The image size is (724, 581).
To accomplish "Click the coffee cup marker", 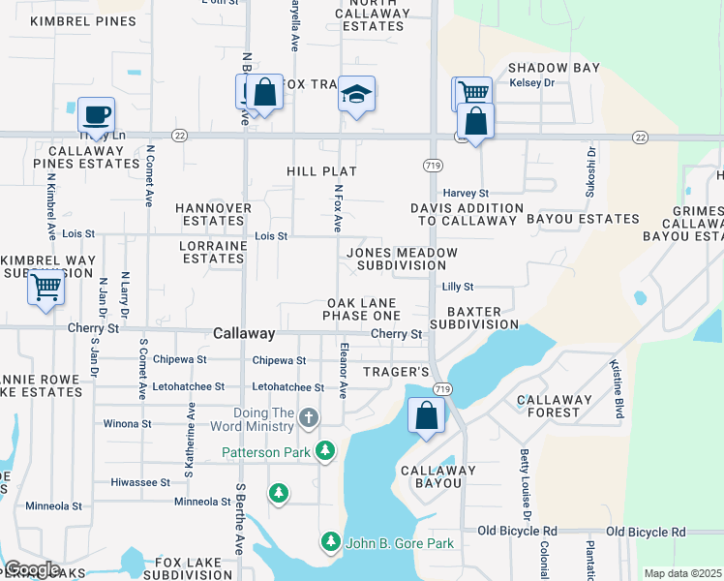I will pos(96,115).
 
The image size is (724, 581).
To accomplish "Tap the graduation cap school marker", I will pos(357,94).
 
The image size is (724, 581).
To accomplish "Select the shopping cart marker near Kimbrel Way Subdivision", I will pos(46,288).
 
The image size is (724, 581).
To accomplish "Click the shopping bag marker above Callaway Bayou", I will pos(427,416).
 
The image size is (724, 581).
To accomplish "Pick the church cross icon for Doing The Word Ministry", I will pos(308,418).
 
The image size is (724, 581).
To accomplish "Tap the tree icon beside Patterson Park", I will pos(327,451).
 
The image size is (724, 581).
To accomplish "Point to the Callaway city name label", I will pos(244,333).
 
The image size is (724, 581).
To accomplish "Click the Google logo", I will pos(32,568).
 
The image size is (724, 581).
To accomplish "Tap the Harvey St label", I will pos(467,194).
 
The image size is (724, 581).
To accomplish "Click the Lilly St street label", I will pos(458,287).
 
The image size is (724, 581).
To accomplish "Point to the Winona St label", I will pos(128,424).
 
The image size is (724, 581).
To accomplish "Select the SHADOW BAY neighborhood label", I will pos(554,68).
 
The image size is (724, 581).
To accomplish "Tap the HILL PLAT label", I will pos(322,171).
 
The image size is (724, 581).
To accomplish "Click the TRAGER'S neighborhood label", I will pos(396,372).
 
